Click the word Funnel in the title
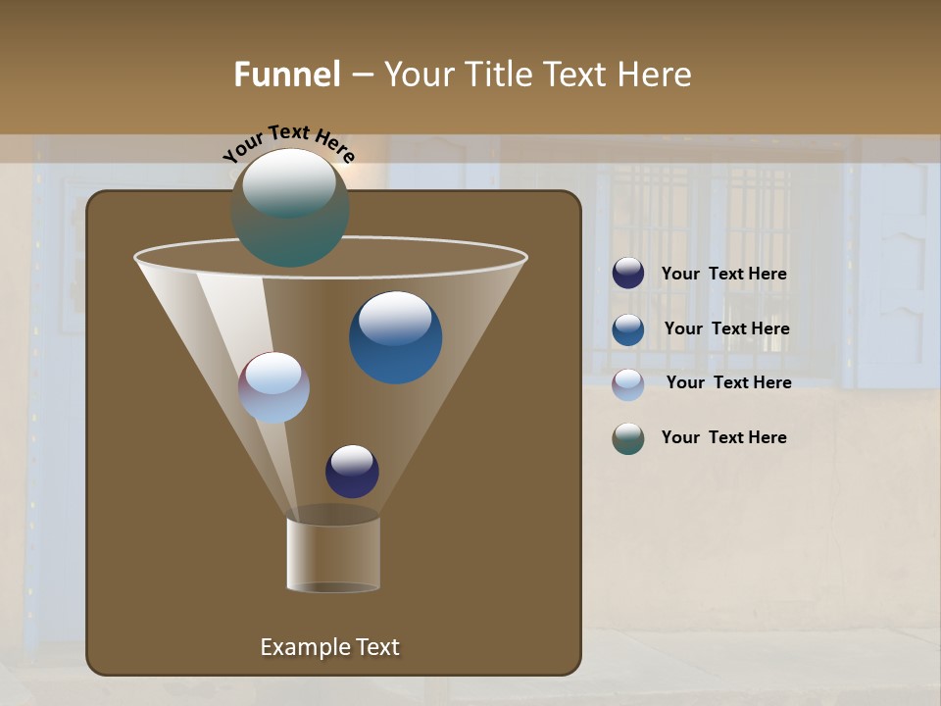(287, 75)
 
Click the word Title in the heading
(497, 75)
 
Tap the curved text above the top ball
(288, 142)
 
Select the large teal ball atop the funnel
(289, 207)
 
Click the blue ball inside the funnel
(395, 336)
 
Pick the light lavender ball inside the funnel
(273, 387)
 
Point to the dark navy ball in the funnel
(352, 471)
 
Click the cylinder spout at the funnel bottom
(333, 554)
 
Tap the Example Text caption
(329, 647)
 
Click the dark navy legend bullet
(628, 274)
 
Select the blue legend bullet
(628, 329)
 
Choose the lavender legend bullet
(628, 383)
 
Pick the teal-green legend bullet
(628, 438)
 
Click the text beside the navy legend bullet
(723, 275)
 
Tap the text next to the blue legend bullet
(726, 329)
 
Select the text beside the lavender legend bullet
(728, 383)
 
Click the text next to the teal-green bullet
(723, 438)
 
